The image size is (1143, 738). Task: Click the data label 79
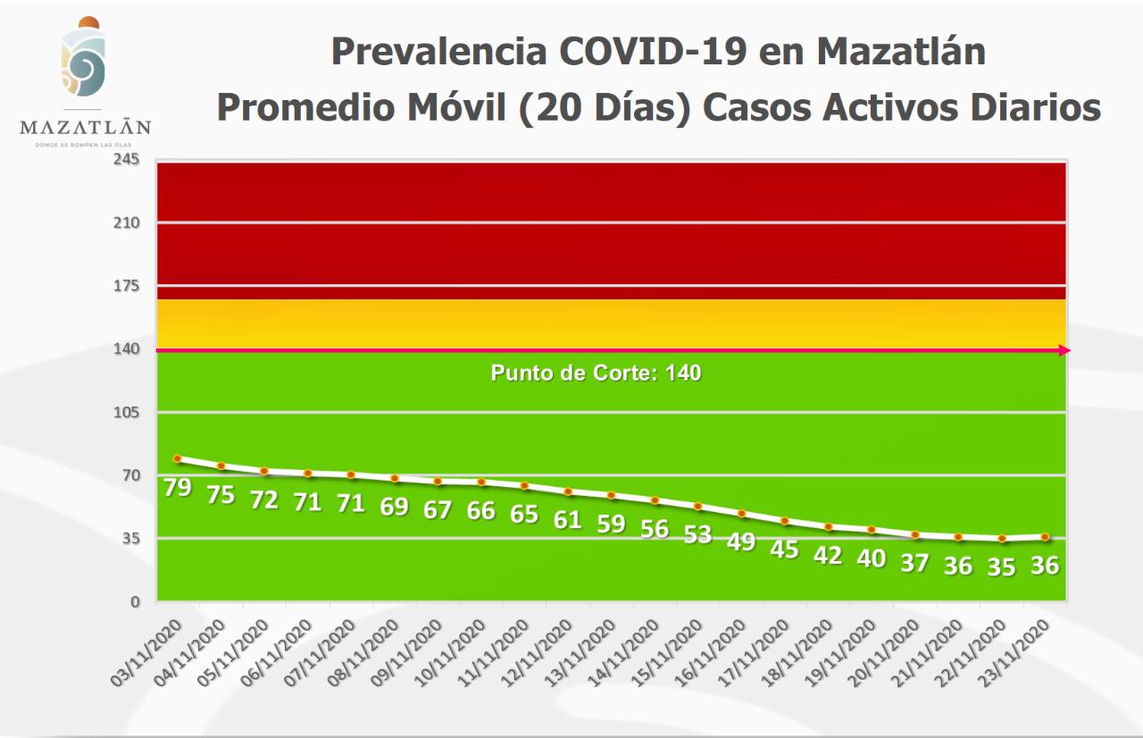[179, 488]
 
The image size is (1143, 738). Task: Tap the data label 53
[697, 534]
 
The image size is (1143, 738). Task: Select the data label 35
[1002, 566]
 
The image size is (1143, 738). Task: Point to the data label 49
[741, 541]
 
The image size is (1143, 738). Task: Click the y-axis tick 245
[127, 159]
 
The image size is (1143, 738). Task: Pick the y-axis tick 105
[127, 412]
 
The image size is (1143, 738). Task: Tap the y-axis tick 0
[136, 601]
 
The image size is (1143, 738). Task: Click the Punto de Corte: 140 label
[596, 373]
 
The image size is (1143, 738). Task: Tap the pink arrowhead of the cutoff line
[1064, 350]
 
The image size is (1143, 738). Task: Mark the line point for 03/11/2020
[178, 458]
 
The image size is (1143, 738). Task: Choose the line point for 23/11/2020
[1045, 537]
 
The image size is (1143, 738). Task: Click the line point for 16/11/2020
[741, 513]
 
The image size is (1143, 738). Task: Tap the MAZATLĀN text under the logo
[85, 127]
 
